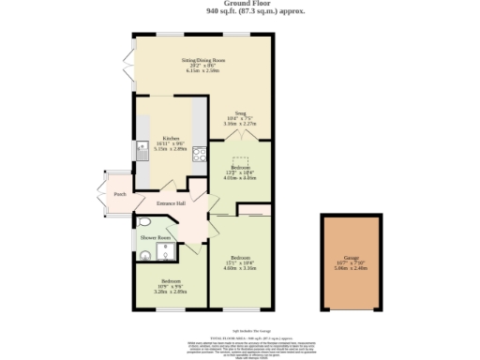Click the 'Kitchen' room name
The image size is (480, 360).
click(x=170, y=137)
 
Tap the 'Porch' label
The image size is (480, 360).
click(x=119, y=195)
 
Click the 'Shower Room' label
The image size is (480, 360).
click(x=156, y=238)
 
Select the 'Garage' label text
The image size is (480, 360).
click(x=351, y=256)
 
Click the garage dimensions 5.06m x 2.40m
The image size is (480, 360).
click(x=352, y=267)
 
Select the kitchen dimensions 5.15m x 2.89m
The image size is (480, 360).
click(x=170, y=148)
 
